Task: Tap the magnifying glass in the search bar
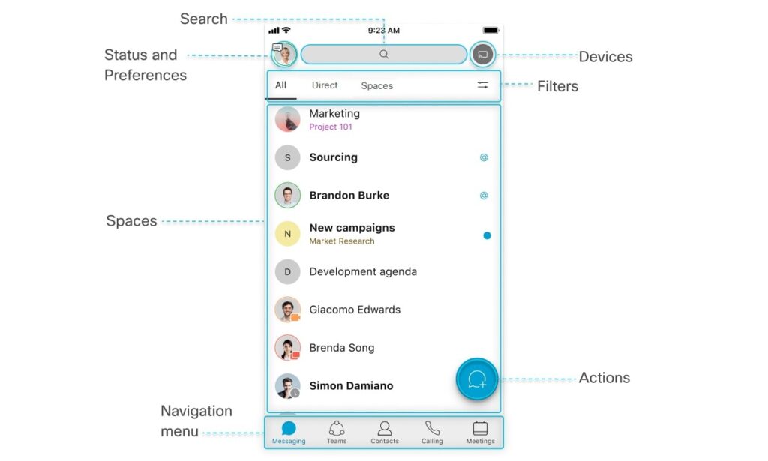384,54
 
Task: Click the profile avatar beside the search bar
284,54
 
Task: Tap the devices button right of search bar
482,54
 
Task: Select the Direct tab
325,85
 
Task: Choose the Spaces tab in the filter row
376,85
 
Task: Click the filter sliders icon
482,85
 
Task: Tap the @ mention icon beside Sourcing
484,157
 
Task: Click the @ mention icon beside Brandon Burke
484,195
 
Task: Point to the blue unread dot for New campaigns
487,235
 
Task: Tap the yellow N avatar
287,233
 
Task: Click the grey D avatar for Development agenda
287,271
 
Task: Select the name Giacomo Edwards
355,310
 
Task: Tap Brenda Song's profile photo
287,348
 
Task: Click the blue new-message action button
477,379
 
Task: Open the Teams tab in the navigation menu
337,432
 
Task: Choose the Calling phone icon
432,428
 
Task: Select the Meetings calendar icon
480,428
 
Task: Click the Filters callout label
557,86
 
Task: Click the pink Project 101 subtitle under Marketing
331,127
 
